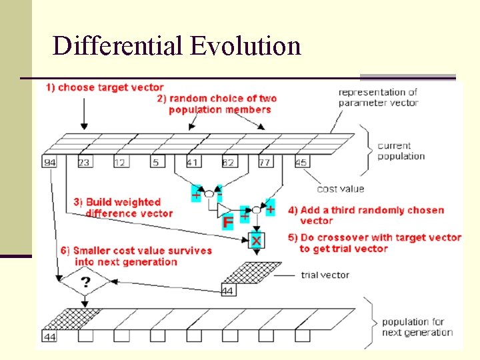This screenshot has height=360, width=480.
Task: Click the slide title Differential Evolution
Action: coord(177,47)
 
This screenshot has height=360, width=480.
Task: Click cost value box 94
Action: coord(49,163)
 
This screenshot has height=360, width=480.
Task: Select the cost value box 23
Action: coord(85,163)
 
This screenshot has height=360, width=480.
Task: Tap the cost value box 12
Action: coord(121,163)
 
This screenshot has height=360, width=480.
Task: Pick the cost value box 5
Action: coord(156,163)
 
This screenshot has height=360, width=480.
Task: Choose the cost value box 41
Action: coord(192,163)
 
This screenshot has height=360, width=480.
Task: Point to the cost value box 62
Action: coord(228,163)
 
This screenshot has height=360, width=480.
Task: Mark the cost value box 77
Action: coord(264,163)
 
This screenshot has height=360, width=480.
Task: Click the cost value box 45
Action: coord(301,163)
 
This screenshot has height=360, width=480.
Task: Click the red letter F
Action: coord(228,222)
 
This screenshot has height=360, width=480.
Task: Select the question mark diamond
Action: coord(85,283)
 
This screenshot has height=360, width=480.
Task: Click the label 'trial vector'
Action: coord(325,275)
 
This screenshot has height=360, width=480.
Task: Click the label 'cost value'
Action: coord(341,189)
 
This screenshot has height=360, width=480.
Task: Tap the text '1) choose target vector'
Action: coord(105,88)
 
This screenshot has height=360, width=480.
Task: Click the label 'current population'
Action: coord(401,151)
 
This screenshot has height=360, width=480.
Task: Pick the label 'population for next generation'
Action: coord(417,327)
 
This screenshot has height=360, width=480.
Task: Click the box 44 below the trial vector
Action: coord(228,291)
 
